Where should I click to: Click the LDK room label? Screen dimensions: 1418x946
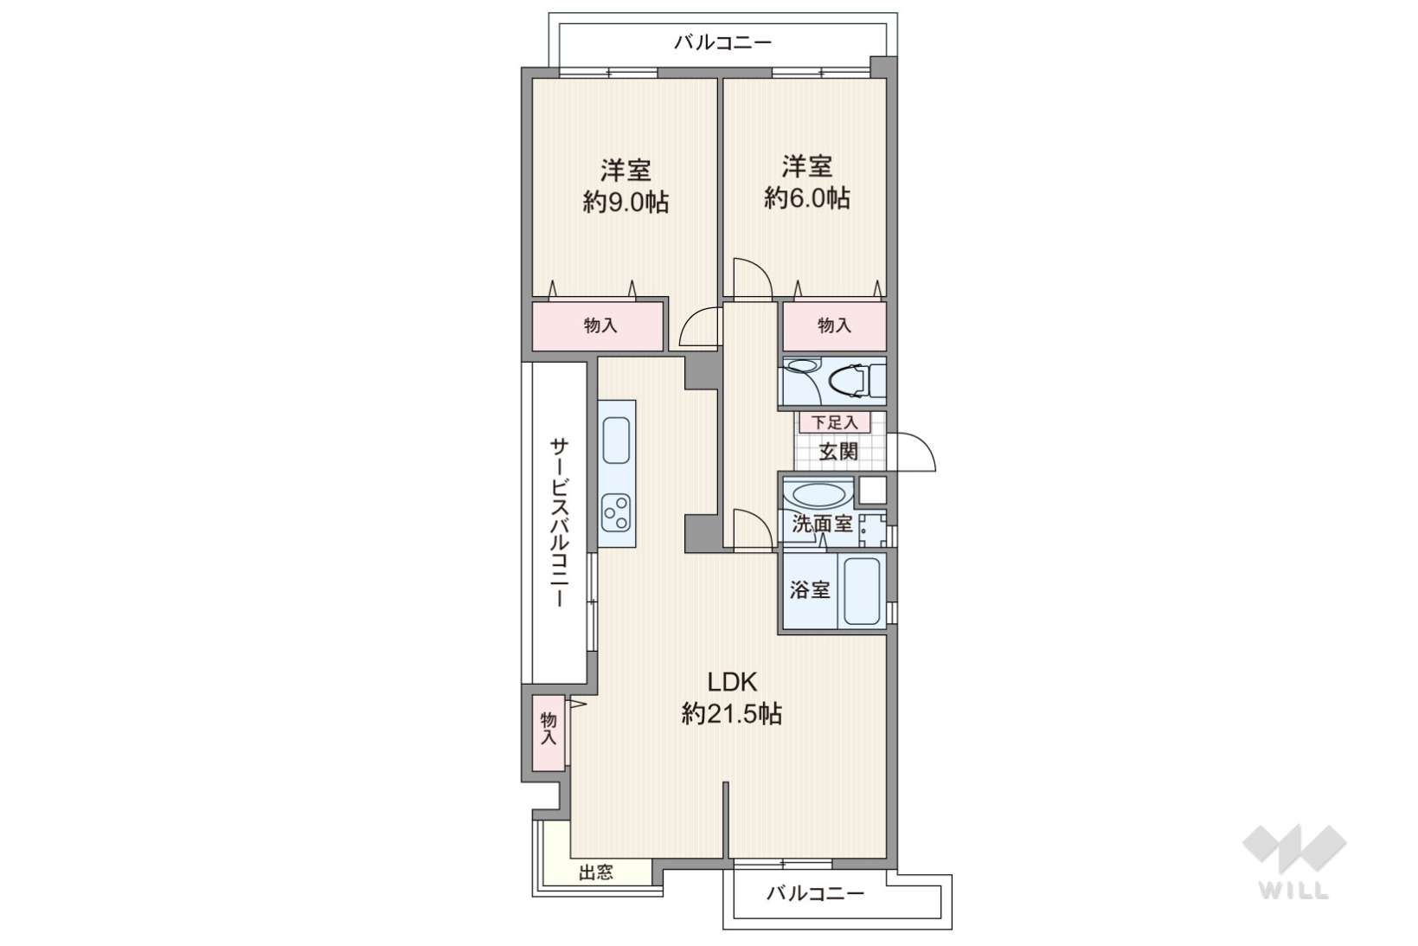[732, 682]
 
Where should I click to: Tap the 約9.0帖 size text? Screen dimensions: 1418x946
[626, 202]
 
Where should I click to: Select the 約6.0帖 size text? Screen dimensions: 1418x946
[806, 198]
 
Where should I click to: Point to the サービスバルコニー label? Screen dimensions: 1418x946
[559, 523]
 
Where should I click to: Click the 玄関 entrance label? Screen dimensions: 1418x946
[838, 452]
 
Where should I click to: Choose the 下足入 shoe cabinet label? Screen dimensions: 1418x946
[834, 422]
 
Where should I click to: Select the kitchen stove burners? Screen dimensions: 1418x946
[616, 512]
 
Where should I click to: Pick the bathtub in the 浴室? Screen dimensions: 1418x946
[862, 591]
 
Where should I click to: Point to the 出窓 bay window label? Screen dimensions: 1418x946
[596, 872]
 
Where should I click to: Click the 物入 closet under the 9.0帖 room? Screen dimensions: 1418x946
[598, 326]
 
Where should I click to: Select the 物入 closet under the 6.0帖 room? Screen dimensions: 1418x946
[834, 326]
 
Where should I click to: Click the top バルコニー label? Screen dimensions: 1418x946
[722, 43]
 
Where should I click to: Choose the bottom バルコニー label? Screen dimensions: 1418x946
[815, 893]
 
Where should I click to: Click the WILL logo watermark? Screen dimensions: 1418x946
[1294, 860]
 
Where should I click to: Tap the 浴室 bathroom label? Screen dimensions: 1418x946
[810, 590]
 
